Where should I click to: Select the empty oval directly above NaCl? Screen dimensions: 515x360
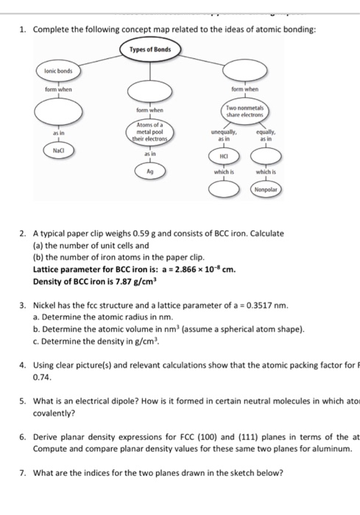point(51,113)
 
